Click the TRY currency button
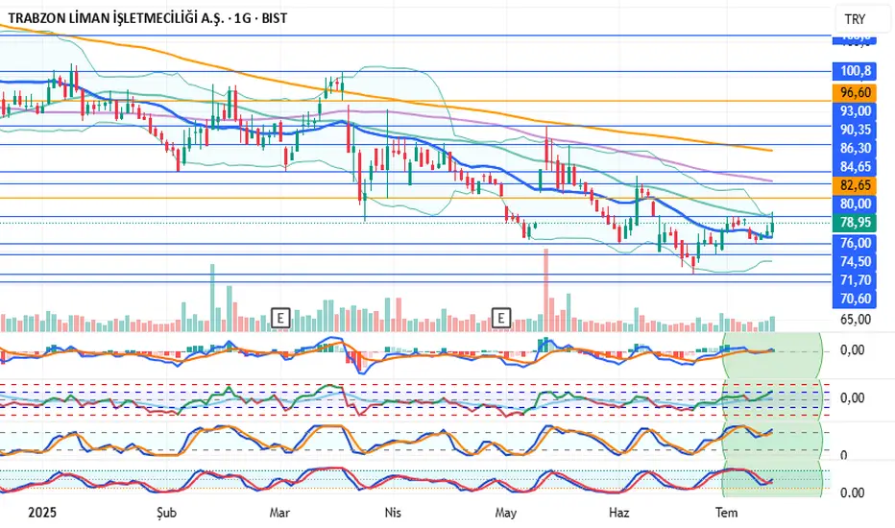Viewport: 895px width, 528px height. tap(853, 19)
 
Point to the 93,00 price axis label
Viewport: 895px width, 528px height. tap(855, 111)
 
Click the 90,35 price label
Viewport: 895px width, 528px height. tap(855, 130)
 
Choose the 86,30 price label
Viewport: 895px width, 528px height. tap(855, 148)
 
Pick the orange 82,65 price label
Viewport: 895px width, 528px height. tap(855, 184)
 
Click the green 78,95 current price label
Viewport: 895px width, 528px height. tap(855, 222)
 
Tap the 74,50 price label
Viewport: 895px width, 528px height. tap(855, 261)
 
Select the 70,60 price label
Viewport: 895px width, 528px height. tap(855, 299)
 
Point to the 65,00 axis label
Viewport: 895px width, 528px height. tap(855, 320)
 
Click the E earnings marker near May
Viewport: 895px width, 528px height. tap(500, 316)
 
